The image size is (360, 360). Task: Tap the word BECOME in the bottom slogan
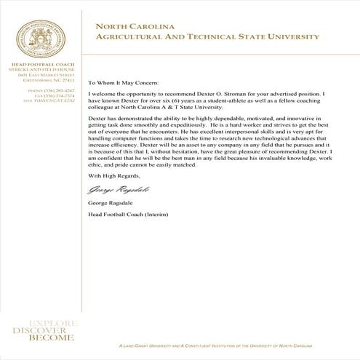click(50, 338)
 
